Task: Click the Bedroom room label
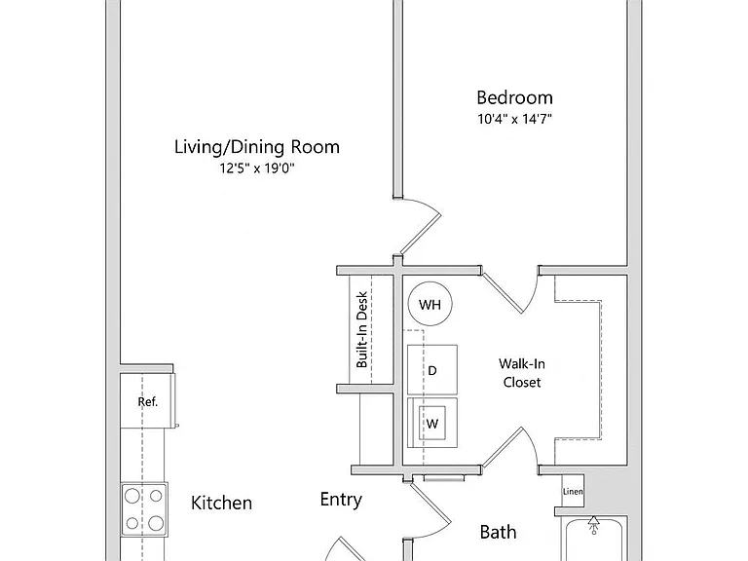514,97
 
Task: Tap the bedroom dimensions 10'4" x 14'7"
514,119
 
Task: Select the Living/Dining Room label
257,147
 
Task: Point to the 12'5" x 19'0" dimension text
257,168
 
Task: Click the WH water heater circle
430,304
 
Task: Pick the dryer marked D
432,370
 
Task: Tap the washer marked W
432,423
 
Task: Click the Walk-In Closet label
522,373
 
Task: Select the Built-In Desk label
362,329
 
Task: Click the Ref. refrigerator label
147,401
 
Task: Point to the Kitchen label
221,503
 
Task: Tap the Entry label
341,500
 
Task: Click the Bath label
498,532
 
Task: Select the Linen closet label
573,491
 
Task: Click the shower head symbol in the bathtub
593,525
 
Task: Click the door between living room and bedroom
421,234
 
